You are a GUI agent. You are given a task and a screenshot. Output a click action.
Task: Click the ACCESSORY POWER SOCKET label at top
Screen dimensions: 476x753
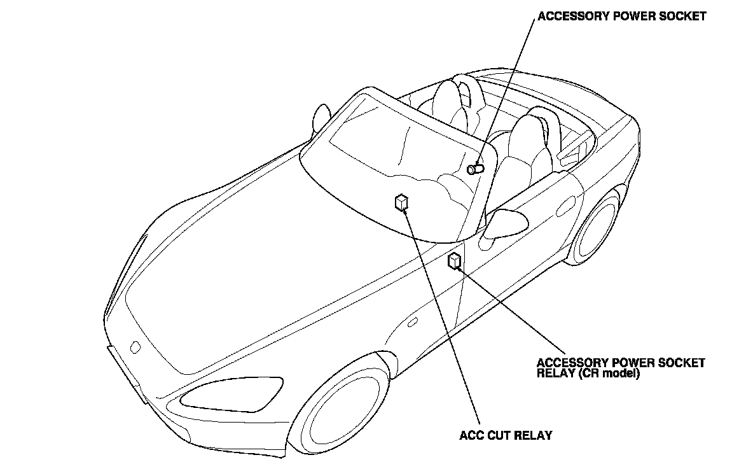click(621, 17)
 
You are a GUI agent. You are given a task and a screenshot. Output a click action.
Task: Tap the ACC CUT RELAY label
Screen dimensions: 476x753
click(506, 436)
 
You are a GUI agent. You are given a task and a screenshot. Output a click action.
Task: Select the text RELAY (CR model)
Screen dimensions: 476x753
click(588, 374)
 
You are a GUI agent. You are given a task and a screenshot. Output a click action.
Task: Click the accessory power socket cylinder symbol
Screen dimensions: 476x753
click(475, 169)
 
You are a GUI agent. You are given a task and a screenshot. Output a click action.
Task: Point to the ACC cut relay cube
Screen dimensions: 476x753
click(401, 202)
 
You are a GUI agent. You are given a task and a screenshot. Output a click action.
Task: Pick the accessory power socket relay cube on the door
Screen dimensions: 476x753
click(455, 261)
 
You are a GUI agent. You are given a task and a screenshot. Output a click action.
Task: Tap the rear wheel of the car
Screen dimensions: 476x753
click(598, 229)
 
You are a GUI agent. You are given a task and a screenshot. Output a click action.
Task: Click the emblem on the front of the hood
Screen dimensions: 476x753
click(135, 347)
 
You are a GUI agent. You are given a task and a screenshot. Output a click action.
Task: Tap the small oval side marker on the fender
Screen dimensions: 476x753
click(412, 323)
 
